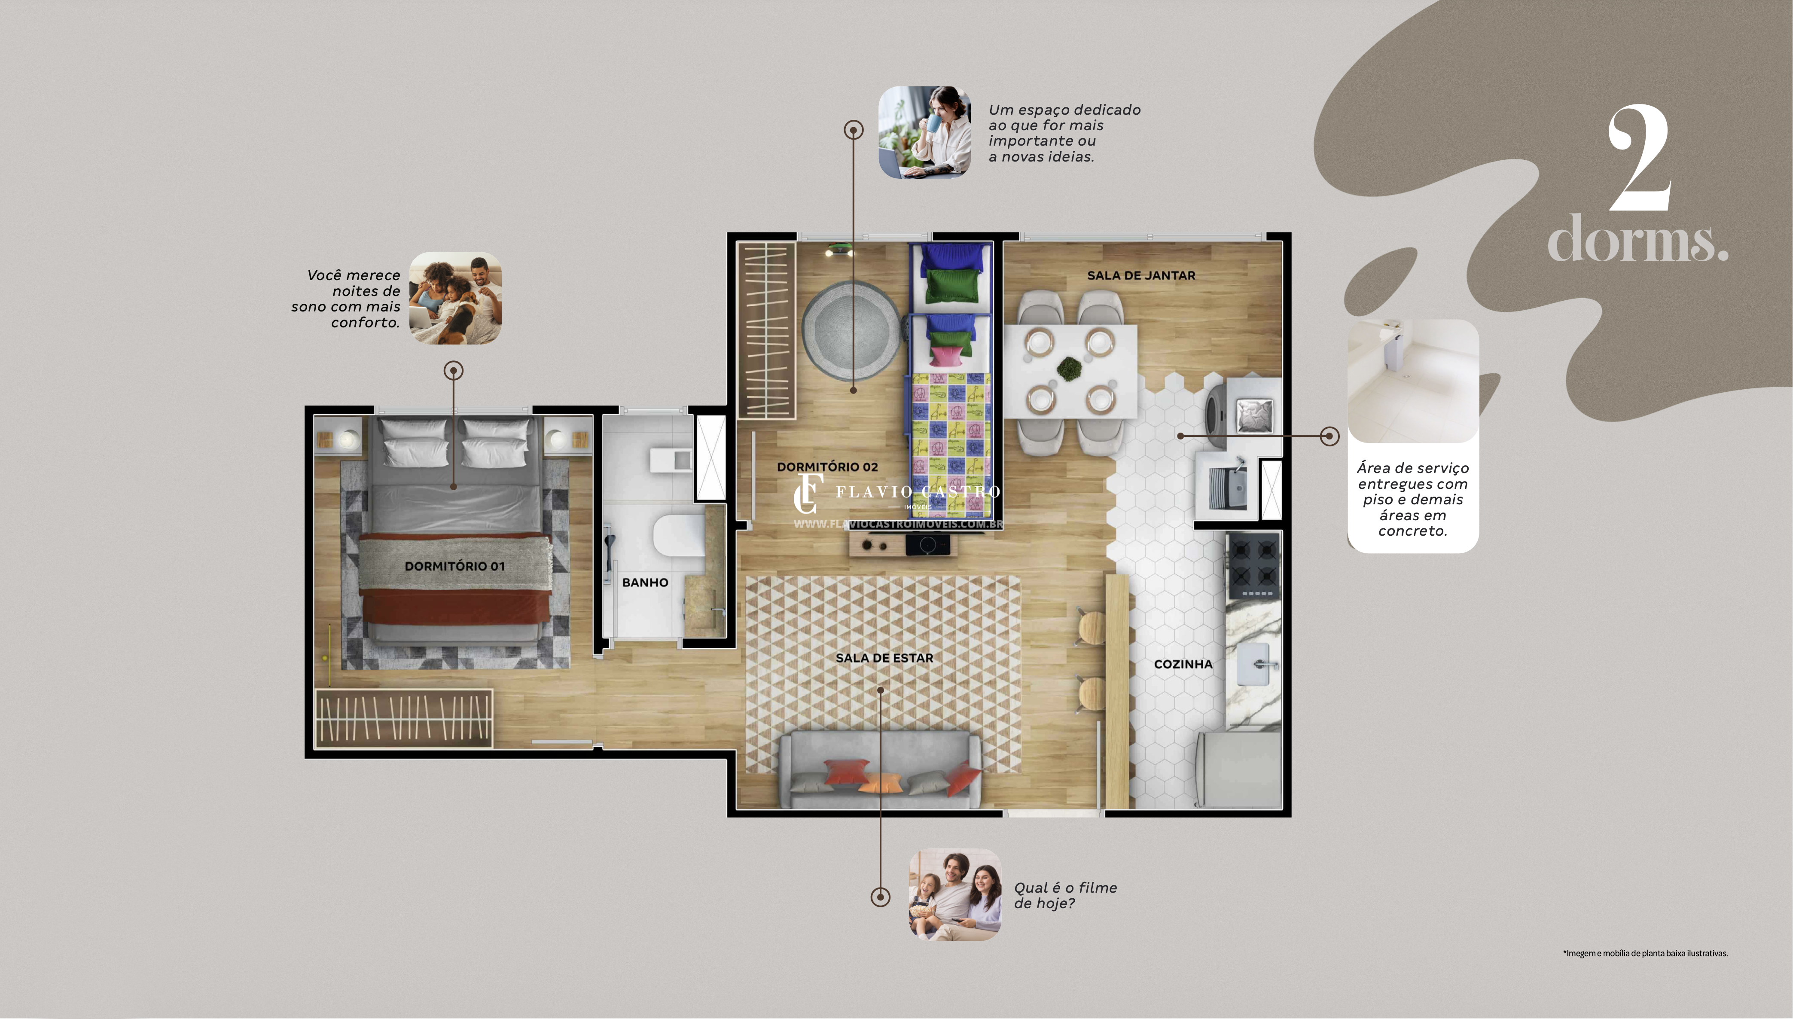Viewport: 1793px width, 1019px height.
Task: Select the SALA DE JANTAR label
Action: pos(1141,276)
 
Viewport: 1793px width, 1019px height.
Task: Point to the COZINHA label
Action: pos(1183,664)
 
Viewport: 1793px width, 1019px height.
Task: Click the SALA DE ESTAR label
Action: pos(884,658)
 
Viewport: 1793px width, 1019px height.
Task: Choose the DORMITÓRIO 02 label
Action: pos(827,467)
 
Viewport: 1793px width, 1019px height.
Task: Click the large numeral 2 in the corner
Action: pos(1639,159)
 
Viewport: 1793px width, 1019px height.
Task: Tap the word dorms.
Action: pos(1637,239)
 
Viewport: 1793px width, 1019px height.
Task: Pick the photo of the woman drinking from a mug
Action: pos(924,132)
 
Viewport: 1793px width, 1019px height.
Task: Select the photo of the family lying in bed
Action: pos(455,298)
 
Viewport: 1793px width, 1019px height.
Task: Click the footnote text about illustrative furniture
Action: pos(1645,953)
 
